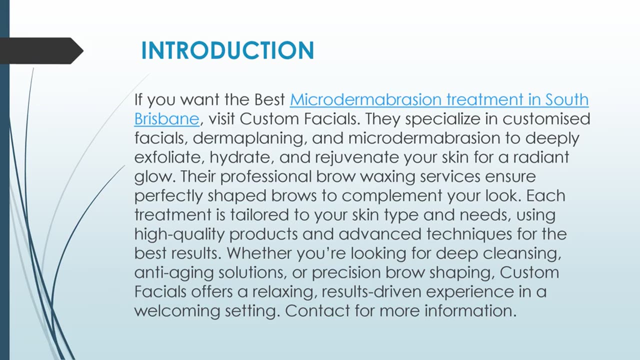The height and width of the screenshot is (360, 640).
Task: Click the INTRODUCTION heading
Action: pyautogui.click(x=227, y=50)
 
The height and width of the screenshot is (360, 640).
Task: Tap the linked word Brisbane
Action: pyautogui.click(x=166, y=119)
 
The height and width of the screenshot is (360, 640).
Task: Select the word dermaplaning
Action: pyautogui.click(x=249, y=138)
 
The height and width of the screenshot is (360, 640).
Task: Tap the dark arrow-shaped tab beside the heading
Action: pyautogui.click(x=40, y=50)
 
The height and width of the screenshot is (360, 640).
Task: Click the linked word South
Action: pyautogui.click(x=566, y=99)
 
